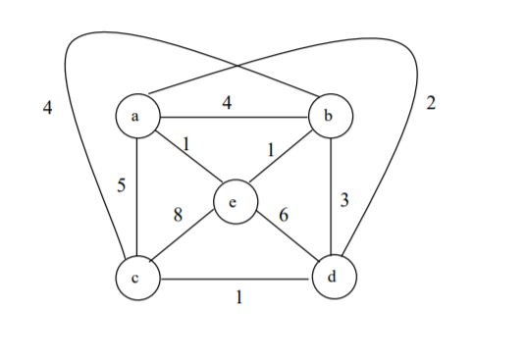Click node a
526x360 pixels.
(x=136, y=116)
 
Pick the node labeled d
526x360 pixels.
(x=334, y=278)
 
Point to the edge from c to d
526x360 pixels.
(x=236, y=279)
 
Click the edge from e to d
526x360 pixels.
(x=285, y=239)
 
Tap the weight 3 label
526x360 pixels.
(x=344, y=201)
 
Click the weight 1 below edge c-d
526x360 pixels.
(x=237, y=298)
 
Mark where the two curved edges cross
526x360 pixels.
(x=237, y=66)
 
